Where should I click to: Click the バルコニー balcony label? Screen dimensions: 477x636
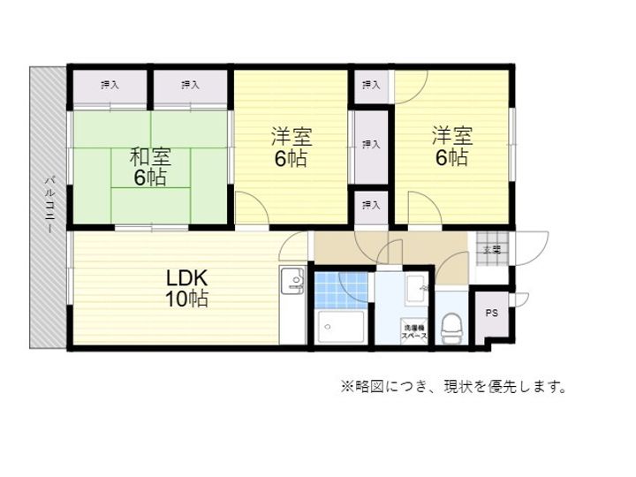[49, 204]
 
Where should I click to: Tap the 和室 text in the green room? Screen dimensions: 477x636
[150, 157]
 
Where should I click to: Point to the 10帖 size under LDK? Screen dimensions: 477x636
[185, 299]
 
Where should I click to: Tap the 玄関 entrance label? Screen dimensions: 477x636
[491, 250]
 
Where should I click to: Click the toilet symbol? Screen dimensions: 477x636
[451, 326]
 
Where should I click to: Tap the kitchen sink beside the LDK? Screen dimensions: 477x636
[292, 283]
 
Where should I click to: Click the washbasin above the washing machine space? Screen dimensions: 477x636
[417, 286]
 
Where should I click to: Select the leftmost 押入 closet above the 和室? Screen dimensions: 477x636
[110, 85]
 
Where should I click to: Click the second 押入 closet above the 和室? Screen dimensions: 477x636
[190, 85]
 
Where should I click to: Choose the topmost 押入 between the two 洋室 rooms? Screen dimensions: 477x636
[371, 85]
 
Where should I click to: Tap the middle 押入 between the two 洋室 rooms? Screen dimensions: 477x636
[371, 144]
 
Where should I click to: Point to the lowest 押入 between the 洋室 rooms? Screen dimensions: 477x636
[371, 205]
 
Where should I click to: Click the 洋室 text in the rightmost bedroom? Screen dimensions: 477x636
[451, 136]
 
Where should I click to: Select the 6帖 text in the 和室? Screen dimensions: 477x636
[150, 178]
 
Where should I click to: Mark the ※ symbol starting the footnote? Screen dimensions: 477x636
[346, 386]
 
